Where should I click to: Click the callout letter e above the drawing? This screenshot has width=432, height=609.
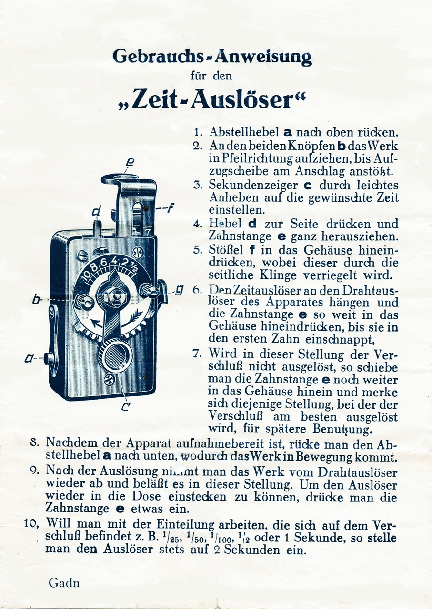click(129, 163)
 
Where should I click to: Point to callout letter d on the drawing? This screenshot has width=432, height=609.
click(97, 210)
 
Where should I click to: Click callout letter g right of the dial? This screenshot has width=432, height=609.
click(180, 289)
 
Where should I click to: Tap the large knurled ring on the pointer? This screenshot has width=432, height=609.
click(115, 355)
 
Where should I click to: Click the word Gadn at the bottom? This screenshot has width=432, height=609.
click(64, 583)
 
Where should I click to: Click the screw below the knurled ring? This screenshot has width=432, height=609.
click(109, 380)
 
